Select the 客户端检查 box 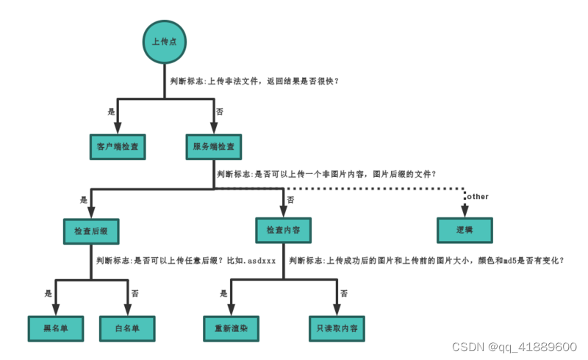[118, 147]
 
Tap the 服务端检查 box [214, 147]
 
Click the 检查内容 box [283, 231]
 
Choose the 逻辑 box [465, 231]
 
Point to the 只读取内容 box [337, 328]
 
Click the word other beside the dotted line [477, 197]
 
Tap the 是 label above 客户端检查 [112, 112]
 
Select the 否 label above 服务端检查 [219, 112]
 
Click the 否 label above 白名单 [135, 293]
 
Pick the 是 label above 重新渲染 [223, 293]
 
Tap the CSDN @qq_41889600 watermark [514, 347]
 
